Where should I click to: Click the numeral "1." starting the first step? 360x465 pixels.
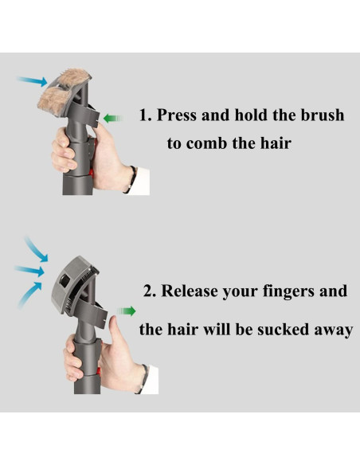146,115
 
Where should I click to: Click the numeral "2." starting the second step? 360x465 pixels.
150,291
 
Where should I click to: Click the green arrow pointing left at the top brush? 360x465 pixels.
113,119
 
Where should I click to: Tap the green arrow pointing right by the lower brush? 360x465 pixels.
127,311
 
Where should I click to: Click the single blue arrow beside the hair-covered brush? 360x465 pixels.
33,80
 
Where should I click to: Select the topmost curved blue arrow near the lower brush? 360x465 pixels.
35,248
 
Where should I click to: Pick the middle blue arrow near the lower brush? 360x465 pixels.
29,270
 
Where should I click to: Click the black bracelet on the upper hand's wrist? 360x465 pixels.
131,180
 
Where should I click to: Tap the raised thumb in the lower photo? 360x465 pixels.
114,330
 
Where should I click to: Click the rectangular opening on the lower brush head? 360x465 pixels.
65,280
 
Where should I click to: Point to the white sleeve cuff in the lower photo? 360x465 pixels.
152,380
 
